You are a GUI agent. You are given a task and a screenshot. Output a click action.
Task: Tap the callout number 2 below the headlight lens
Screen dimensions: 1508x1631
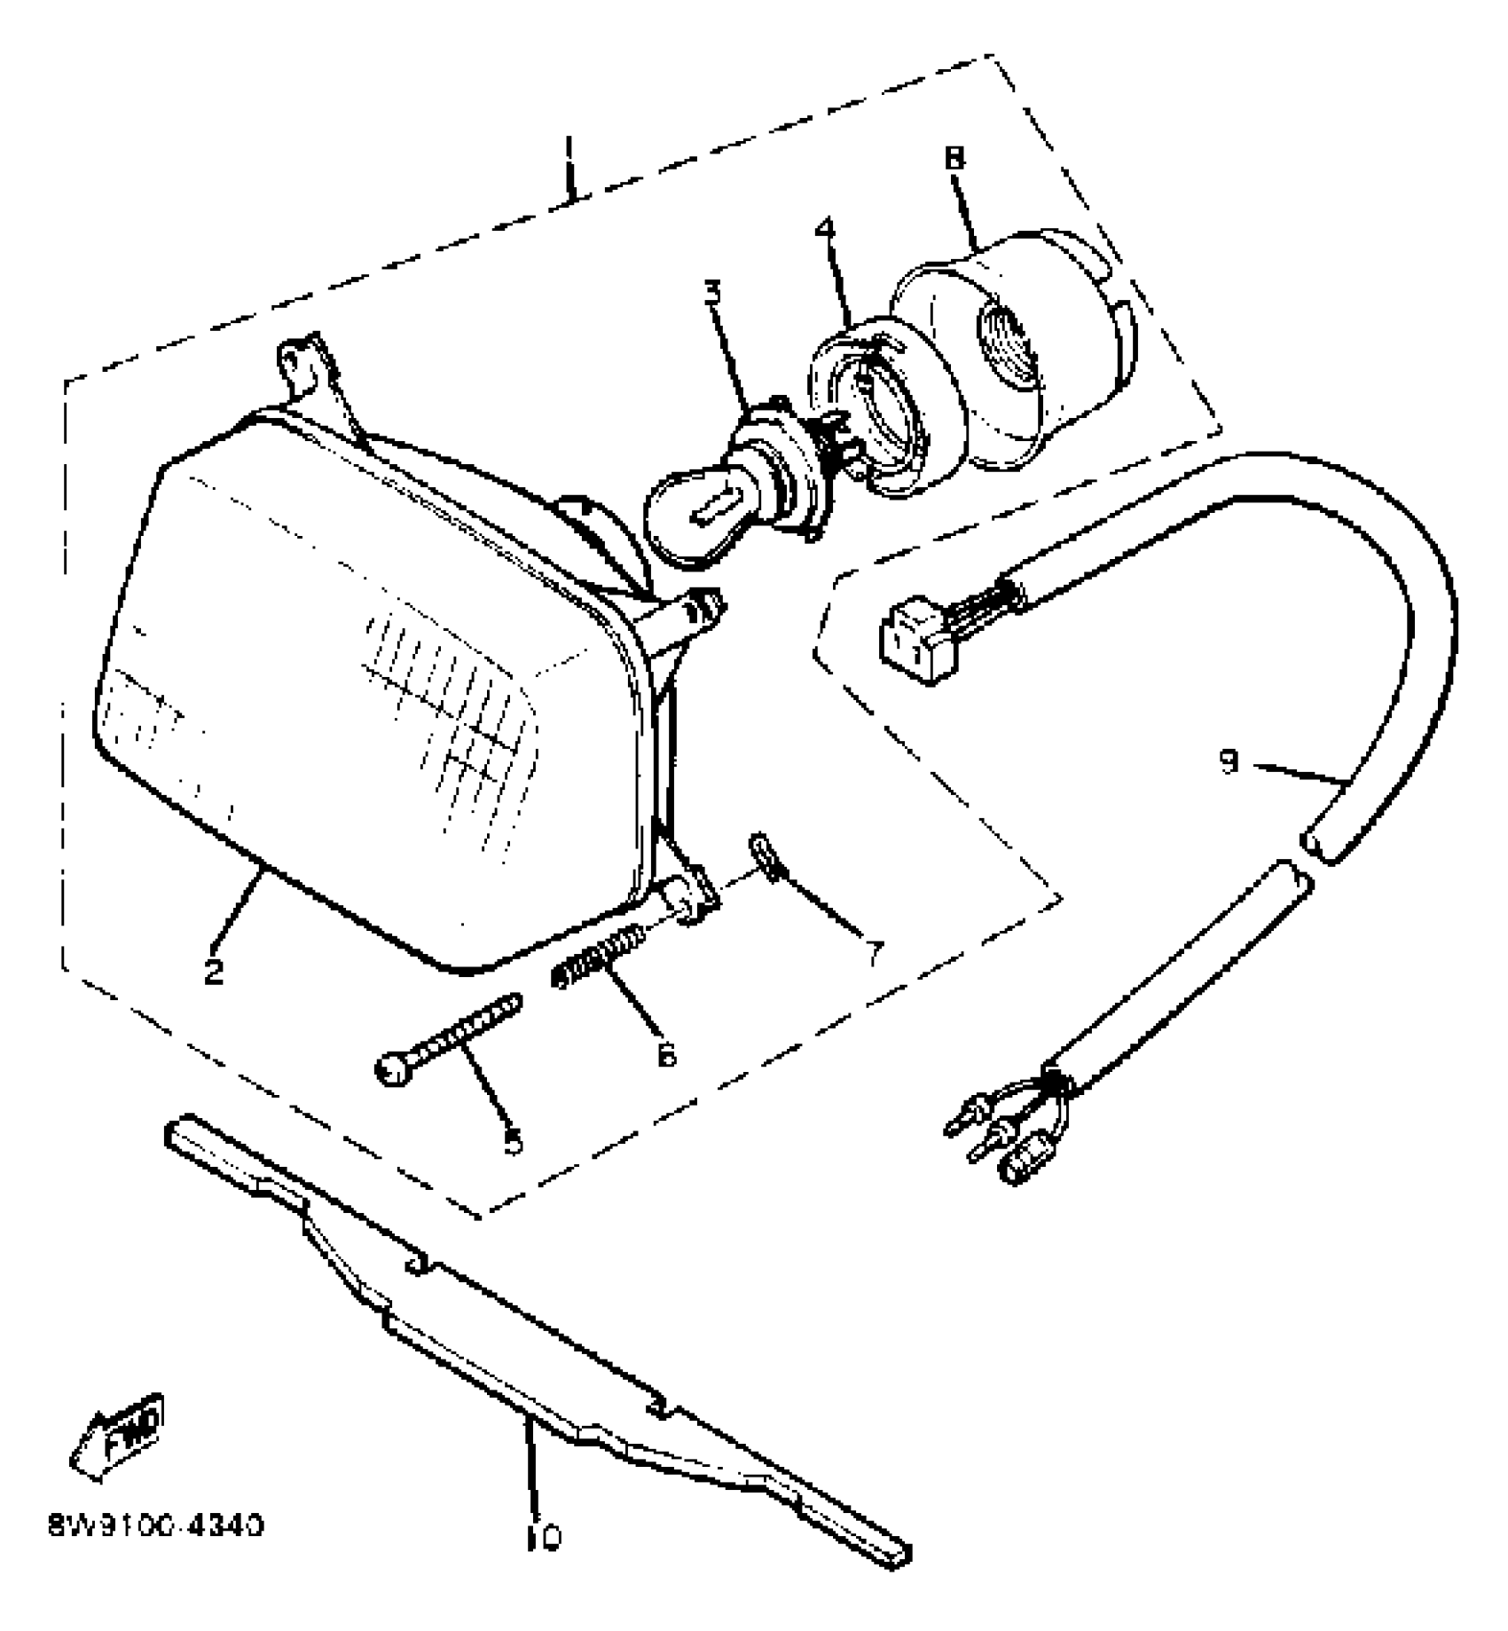pos(214,971)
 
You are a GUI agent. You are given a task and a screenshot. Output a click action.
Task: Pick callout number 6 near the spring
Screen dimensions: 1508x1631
pos(667,1054)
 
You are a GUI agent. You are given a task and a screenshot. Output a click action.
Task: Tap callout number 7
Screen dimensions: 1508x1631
pos(876,953)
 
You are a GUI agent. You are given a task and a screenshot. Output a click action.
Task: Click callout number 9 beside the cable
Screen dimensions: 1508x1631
pos(1229,761)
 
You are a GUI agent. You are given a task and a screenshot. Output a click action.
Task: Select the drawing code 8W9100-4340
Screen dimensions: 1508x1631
pos(156,1526)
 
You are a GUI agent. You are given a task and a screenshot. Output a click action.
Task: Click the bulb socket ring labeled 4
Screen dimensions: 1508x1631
pos(865,408)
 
